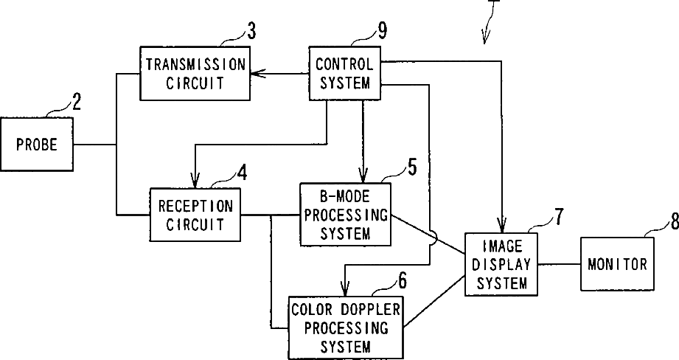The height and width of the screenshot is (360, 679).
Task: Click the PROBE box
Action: coord(36,144)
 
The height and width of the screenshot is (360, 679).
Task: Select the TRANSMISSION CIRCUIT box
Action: coord(195,73)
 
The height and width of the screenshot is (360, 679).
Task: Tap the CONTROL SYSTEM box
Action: coord(345,73)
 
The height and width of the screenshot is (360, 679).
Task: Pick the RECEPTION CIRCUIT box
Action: coord(195,215)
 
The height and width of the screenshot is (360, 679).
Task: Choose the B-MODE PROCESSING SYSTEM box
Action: coord(346,215)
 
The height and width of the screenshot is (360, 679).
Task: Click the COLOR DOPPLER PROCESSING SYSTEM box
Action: coord(346,328)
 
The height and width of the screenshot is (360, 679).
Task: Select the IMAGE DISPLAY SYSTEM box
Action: coord(501,264)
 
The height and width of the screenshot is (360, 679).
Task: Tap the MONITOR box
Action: coord(617,264)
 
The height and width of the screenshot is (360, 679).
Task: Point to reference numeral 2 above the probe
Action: coord(76,103)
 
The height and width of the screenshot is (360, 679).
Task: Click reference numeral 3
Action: coord(251,31)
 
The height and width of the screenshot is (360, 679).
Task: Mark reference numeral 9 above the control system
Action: coord(382,30)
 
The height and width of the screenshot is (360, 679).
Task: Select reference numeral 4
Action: coord(242,173)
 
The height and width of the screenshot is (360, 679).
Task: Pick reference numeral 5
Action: coord(412,167)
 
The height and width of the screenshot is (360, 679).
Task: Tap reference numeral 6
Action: coord(403,281)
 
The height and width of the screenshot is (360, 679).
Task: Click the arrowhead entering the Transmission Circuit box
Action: coord(257,73)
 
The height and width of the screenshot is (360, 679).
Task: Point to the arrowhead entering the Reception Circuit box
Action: coord(195,180)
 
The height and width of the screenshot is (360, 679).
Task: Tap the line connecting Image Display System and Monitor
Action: coord(559,264)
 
